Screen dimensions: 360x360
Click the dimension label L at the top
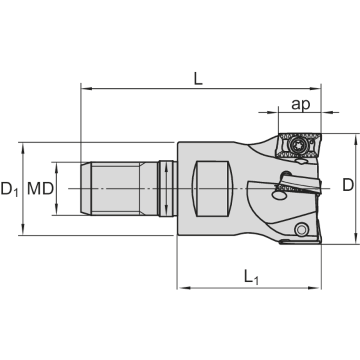pos(198,78)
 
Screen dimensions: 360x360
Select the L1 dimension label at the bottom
pos(251,277)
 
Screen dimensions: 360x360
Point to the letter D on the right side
pos(347,185)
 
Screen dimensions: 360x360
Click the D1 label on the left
pos(9,189)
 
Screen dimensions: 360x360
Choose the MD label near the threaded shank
pos(40,189)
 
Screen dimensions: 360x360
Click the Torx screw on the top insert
pos(297,145)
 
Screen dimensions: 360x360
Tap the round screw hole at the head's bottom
pos(301,229)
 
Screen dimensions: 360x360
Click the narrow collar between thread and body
pos(166,189)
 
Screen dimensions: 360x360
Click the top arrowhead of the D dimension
pos(356,137)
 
